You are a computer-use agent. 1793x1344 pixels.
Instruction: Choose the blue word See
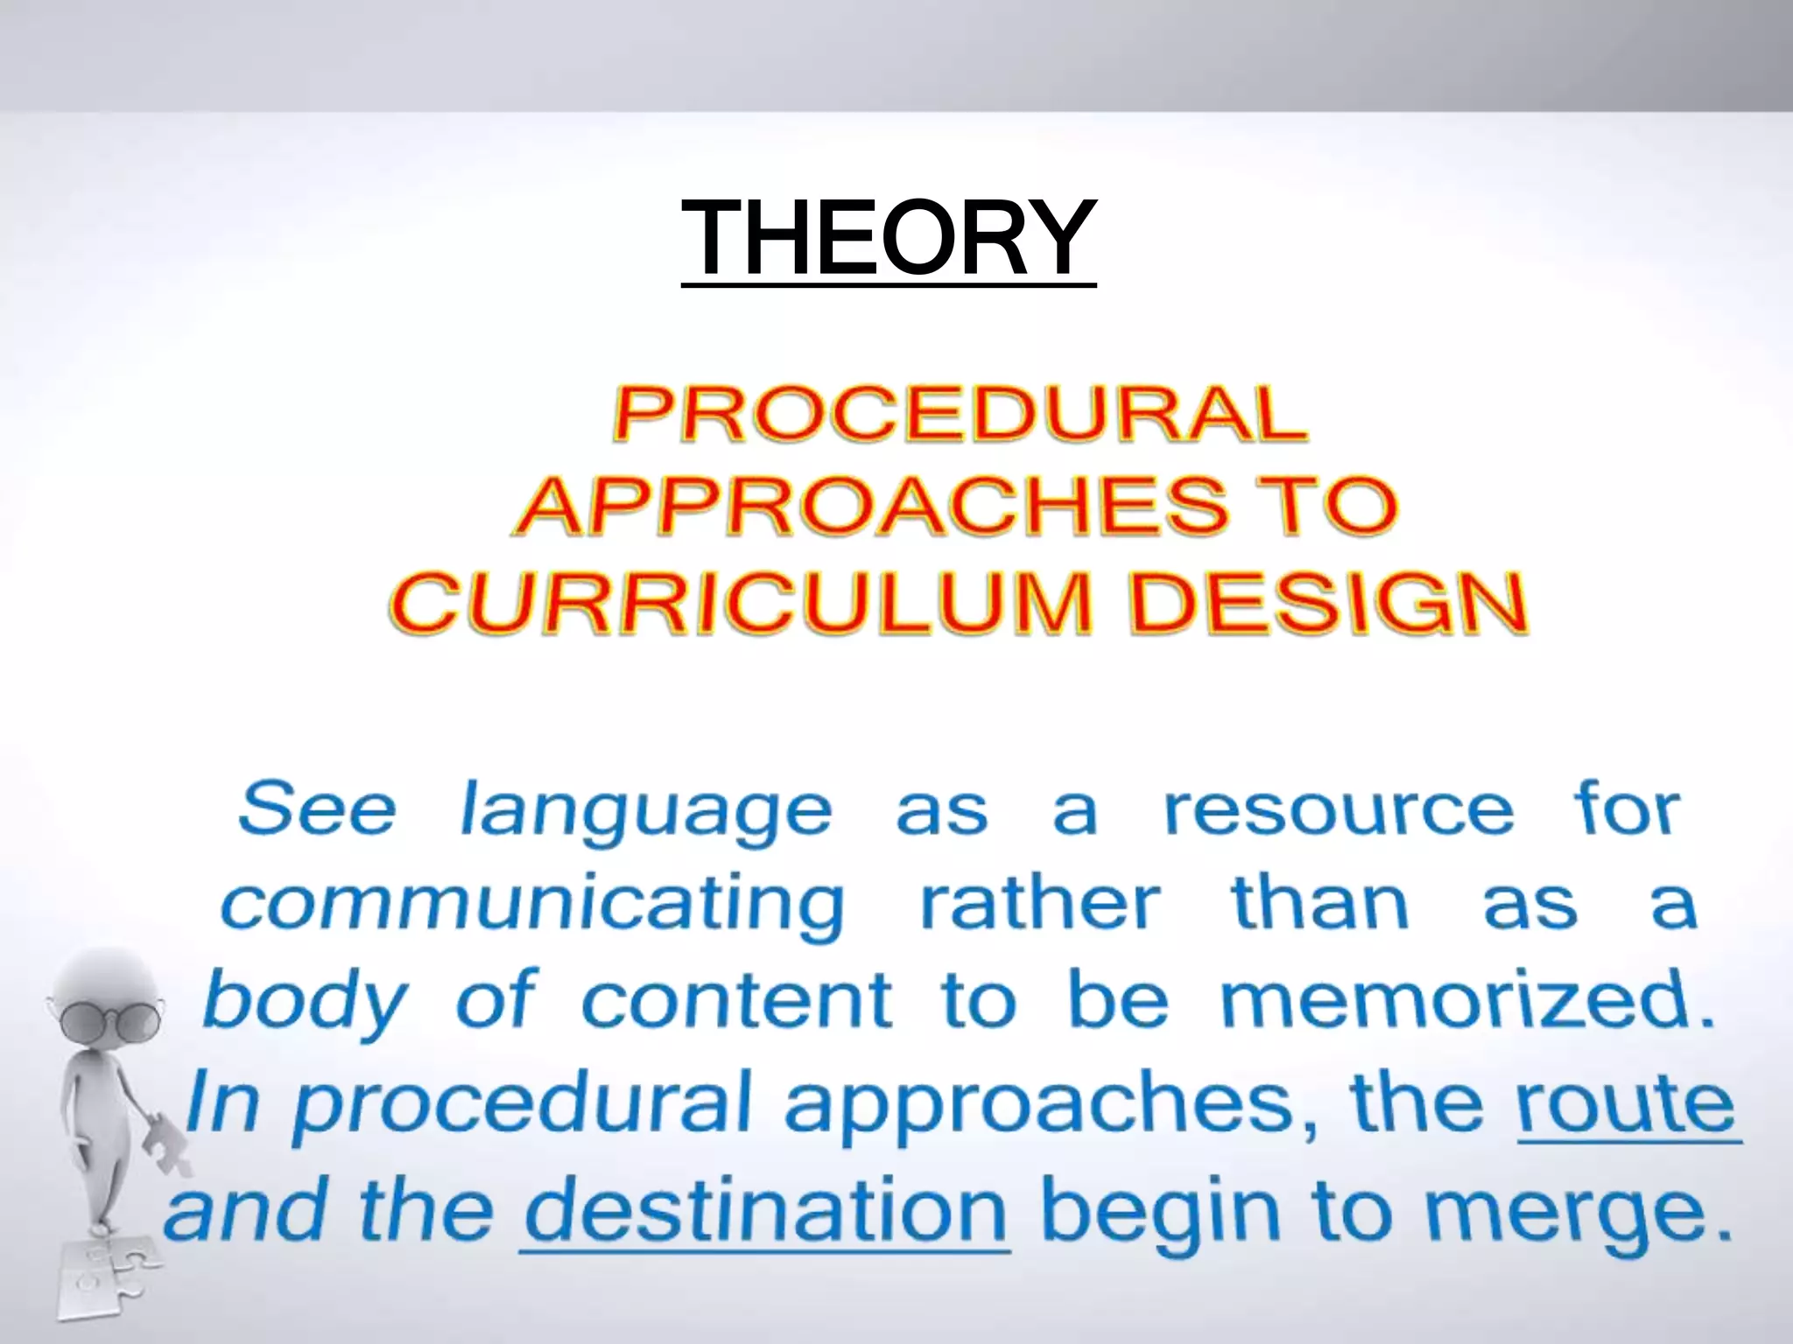pos(317,808)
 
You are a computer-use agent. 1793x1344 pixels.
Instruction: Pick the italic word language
pos(645,812)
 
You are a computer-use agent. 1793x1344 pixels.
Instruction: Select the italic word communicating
pos(532,906)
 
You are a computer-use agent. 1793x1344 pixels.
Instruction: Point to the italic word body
pos(305,1003)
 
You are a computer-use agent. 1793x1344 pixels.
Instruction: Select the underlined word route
pos(1627,1104)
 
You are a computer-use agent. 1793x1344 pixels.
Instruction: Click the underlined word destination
pos(765,1211)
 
